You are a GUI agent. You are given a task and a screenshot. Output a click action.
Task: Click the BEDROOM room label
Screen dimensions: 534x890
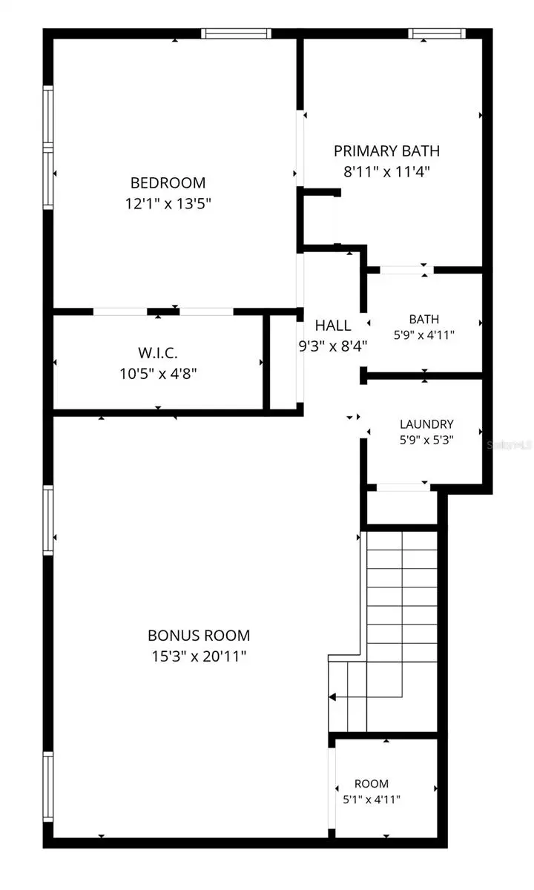point(168,182)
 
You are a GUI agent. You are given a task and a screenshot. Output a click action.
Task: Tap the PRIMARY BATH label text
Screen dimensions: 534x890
point(386,151)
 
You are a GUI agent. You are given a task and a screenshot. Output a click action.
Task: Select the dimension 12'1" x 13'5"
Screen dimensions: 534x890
point(168,204)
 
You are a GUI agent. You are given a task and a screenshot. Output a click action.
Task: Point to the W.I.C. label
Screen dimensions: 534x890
point(158,353)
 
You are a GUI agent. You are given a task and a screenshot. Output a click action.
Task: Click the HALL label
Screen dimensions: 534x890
point(333,326)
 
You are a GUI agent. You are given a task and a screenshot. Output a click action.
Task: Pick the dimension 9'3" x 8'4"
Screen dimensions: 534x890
point(333,346)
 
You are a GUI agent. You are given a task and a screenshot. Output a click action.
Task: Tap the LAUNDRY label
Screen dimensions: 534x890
point(426,424)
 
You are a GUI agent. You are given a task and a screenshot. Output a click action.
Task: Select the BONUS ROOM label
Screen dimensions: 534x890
point(199,636)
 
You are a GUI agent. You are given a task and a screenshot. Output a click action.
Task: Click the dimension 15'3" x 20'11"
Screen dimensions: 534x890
point(199,656)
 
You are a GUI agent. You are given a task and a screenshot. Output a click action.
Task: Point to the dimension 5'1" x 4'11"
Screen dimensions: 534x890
point(372,800)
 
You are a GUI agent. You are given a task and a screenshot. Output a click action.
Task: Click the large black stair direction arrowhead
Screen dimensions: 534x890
point(332,697)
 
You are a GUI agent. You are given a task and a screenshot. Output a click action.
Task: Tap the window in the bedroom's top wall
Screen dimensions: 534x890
point(236,33)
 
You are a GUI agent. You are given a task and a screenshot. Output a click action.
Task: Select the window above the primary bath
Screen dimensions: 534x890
point(437,33)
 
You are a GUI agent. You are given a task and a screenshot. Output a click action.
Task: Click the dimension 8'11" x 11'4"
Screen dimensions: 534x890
point(386,172)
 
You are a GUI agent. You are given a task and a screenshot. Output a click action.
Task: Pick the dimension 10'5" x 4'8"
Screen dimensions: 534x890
point(158,374)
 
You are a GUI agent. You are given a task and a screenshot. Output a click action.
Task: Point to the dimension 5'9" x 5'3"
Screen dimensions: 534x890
point(426,441)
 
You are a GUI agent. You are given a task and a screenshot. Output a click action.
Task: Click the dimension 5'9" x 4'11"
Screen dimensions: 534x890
point(424,335)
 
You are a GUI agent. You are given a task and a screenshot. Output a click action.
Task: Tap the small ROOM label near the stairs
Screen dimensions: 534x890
point(372,783)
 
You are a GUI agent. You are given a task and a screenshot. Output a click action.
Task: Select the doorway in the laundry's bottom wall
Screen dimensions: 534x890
point(403,487)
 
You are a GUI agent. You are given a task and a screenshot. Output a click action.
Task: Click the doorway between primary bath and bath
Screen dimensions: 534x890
point(406,270)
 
